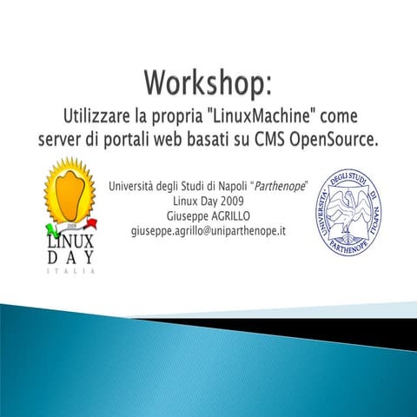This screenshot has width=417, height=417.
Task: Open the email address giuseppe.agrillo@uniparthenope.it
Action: point(208,231)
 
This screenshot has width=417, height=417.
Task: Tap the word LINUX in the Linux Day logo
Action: point(71,241)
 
